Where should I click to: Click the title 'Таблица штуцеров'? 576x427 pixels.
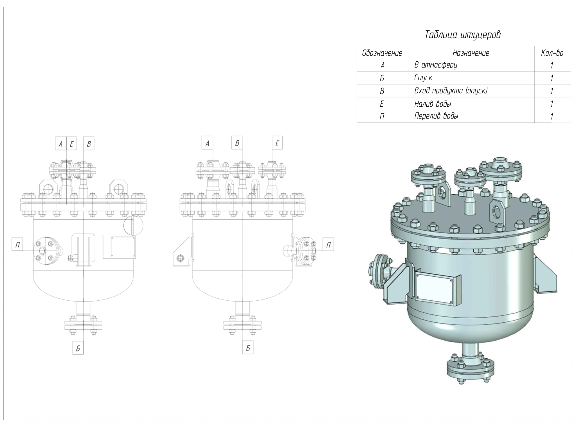463,35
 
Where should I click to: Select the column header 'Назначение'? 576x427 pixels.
471,53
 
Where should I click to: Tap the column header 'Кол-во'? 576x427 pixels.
552,53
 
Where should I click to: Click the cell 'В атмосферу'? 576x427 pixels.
436,65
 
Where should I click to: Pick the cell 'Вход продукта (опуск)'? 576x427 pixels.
451,91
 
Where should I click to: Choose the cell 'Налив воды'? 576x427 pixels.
433,104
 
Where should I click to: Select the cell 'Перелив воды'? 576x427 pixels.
436,116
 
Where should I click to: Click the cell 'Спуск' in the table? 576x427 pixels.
423,78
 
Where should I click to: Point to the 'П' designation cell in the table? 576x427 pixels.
382,117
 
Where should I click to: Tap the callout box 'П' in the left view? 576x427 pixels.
17,245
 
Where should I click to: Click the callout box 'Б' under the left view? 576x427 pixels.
78,348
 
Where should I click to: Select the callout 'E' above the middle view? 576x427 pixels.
277,143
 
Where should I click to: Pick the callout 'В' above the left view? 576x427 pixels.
89,144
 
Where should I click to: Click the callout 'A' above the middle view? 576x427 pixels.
207,143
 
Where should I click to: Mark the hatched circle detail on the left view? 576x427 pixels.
133,225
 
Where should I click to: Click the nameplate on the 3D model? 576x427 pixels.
438,289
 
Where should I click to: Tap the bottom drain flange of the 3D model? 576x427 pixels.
470,372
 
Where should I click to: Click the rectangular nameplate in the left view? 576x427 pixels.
119,247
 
